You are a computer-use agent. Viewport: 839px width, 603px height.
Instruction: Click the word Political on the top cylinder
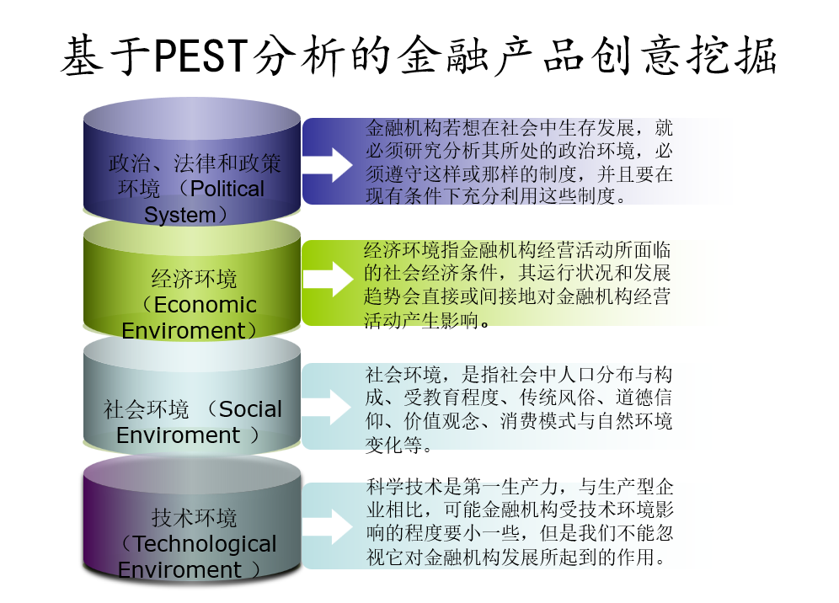(227, 189)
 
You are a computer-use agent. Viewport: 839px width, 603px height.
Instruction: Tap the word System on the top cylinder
(179, 215)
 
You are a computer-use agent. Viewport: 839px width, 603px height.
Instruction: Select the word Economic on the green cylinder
(205, 304)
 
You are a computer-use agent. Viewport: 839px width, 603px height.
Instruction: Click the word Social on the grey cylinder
(250, 409)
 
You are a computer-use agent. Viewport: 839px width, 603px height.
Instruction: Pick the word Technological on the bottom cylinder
(205, 544)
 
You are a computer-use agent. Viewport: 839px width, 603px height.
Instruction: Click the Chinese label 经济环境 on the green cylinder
(194, 278)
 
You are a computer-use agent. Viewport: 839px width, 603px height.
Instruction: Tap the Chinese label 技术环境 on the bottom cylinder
(194, 518)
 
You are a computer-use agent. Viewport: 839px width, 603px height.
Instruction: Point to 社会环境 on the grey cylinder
(146, 410)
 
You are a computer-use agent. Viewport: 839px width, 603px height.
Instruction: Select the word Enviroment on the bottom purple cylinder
(179, 570)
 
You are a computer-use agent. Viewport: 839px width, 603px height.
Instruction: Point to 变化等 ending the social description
(393, 445)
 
